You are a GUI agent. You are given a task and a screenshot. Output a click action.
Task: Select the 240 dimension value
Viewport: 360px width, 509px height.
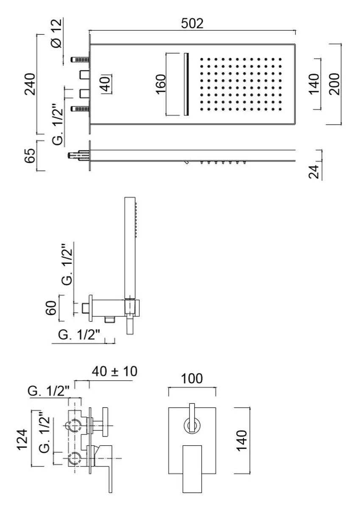(29, 84)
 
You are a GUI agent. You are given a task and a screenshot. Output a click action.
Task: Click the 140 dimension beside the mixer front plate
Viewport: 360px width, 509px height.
(243, 441)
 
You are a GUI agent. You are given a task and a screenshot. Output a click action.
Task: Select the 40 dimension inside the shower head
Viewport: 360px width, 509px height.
(106, 84)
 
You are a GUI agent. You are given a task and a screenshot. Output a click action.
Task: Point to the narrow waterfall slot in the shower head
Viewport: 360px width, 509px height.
(185, 84)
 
